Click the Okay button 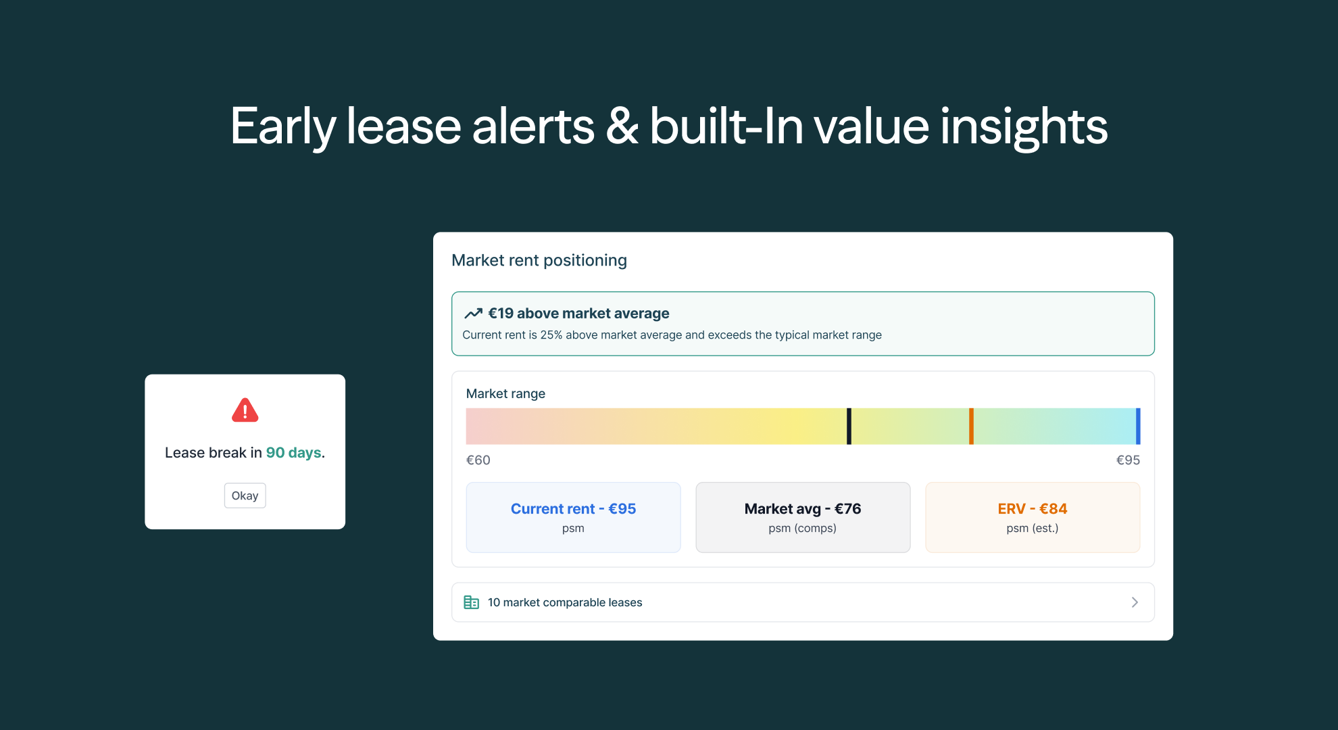(245, 495)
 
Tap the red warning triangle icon (245, 410)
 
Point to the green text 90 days (293, 453)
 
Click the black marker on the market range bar (849, 426)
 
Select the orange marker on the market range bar (971, 426)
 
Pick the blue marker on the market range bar (1138, 426)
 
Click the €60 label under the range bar (478, 460)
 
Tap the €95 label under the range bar (1128, 460)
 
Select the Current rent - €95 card (573, 517)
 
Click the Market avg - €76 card (803, 517)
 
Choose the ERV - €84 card (1033, 517)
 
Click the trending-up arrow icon (473, 313)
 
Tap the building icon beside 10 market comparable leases (471, 602)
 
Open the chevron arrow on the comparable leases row (1135, 602)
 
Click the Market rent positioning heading (539, 260)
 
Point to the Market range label (505, 393)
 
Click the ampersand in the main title (622, 126)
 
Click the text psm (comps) (802, 528)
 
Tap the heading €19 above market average (578, 313)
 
